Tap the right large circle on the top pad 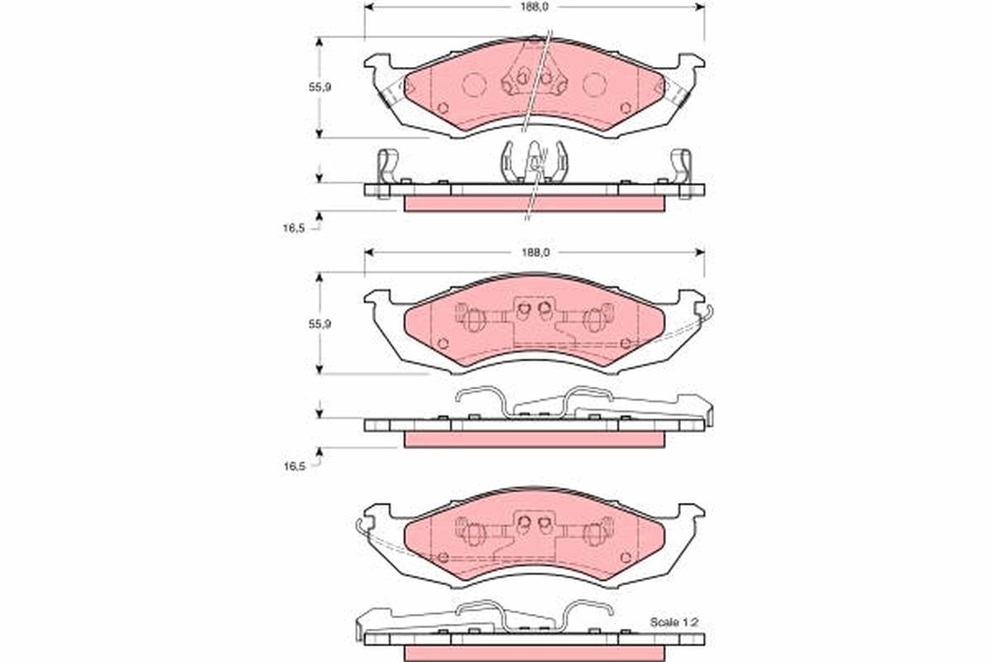pyautogui.click(x=595, y=84)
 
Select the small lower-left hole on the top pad pyautogui.click(x=442, y=108)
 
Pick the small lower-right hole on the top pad pyautogui.click(x=626, y=108)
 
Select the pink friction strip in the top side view pyautogui.click(x=535, y=204)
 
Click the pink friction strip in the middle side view pyautogui.click(x=535, y=439)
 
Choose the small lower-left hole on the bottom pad pyautogui.click(x=442, y=557)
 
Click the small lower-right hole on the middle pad pyautogui.click(x=626, y=343)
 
